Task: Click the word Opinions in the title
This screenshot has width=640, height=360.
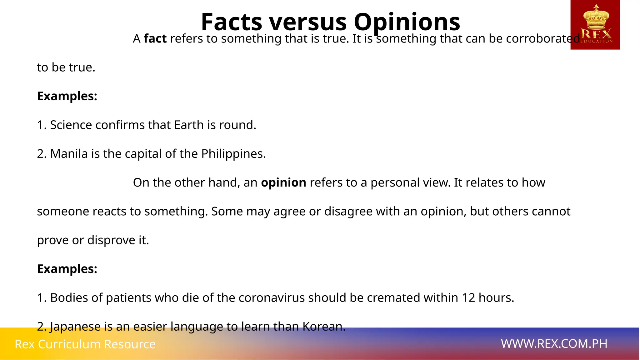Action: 407,22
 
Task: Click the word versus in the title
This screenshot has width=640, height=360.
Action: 308,22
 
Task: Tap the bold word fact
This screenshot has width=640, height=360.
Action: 155,39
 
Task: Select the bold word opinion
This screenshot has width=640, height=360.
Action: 283,182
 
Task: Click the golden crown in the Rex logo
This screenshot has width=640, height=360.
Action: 596,17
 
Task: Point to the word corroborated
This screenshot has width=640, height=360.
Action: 543,39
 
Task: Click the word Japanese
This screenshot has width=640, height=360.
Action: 75,327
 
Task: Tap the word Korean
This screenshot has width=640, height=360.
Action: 323,327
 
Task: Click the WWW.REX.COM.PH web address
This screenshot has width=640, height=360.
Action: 554,344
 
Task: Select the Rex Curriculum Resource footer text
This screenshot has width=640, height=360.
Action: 85,344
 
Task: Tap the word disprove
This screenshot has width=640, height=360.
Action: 111,240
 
